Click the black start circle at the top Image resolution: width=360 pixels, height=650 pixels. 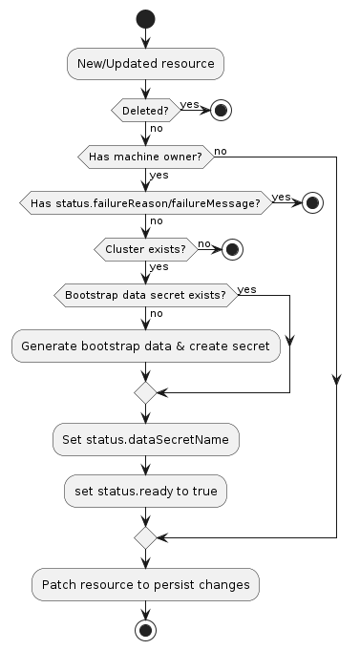tap(145, 18)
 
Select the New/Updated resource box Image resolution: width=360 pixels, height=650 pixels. tap(145, 64)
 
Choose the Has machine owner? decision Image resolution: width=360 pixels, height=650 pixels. tap(145, 156)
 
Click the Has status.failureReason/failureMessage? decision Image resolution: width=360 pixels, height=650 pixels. tap(145, 202)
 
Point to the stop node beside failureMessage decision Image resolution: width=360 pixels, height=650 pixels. tap(311, 202)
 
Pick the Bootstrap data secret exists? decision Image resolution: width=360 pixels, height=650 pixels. tap(145, 295)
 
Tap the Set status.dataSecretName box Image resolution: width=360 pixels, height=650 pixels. tap(145, 440)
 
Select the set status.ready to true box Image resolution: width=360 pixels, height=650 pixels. tap(145, 491)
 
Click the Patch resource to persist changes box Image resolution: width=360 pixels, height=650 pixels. tap(145, 583)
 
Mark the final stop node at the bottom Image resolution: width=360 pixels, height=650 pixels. tap(145, 630)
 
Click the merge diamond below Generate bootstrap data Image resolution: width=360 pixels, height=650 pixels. tap(145, 392)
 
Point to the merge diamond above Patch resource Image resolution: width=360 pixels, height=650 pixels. tap(145, 537)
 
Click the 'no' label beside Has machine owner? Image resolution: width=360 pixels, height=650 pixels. tap(221, 150)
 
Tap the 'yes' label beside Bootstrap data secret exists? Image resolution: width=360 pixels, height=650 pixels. tap(246, 288)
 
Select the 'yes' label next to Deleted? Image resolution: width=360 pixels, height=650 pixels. tap(189, 104)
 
